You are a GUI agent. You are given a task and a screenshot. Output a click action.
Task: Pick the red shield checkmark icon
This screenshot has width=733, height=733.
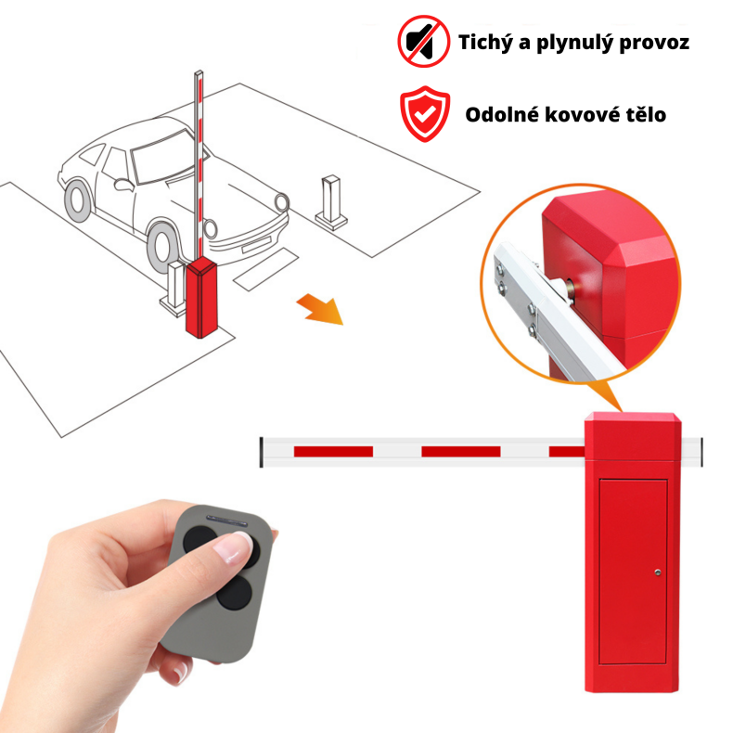coord(423,115)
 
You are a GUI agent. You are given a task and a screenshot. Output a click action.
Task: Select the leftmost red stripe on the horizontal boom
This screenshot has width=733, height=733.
coord(333,451)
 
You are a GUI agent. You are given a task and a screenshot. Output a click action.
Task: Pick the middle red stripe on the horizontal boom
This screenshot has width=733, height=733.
coord(460,451)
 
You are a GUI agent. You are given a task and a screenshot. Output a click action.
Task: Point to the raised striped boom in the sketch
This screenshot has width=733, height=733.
coord(197,158)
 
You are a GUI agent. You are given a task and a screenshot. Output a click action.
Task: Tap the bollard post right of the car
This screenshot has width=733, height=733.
coord(331,199)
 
